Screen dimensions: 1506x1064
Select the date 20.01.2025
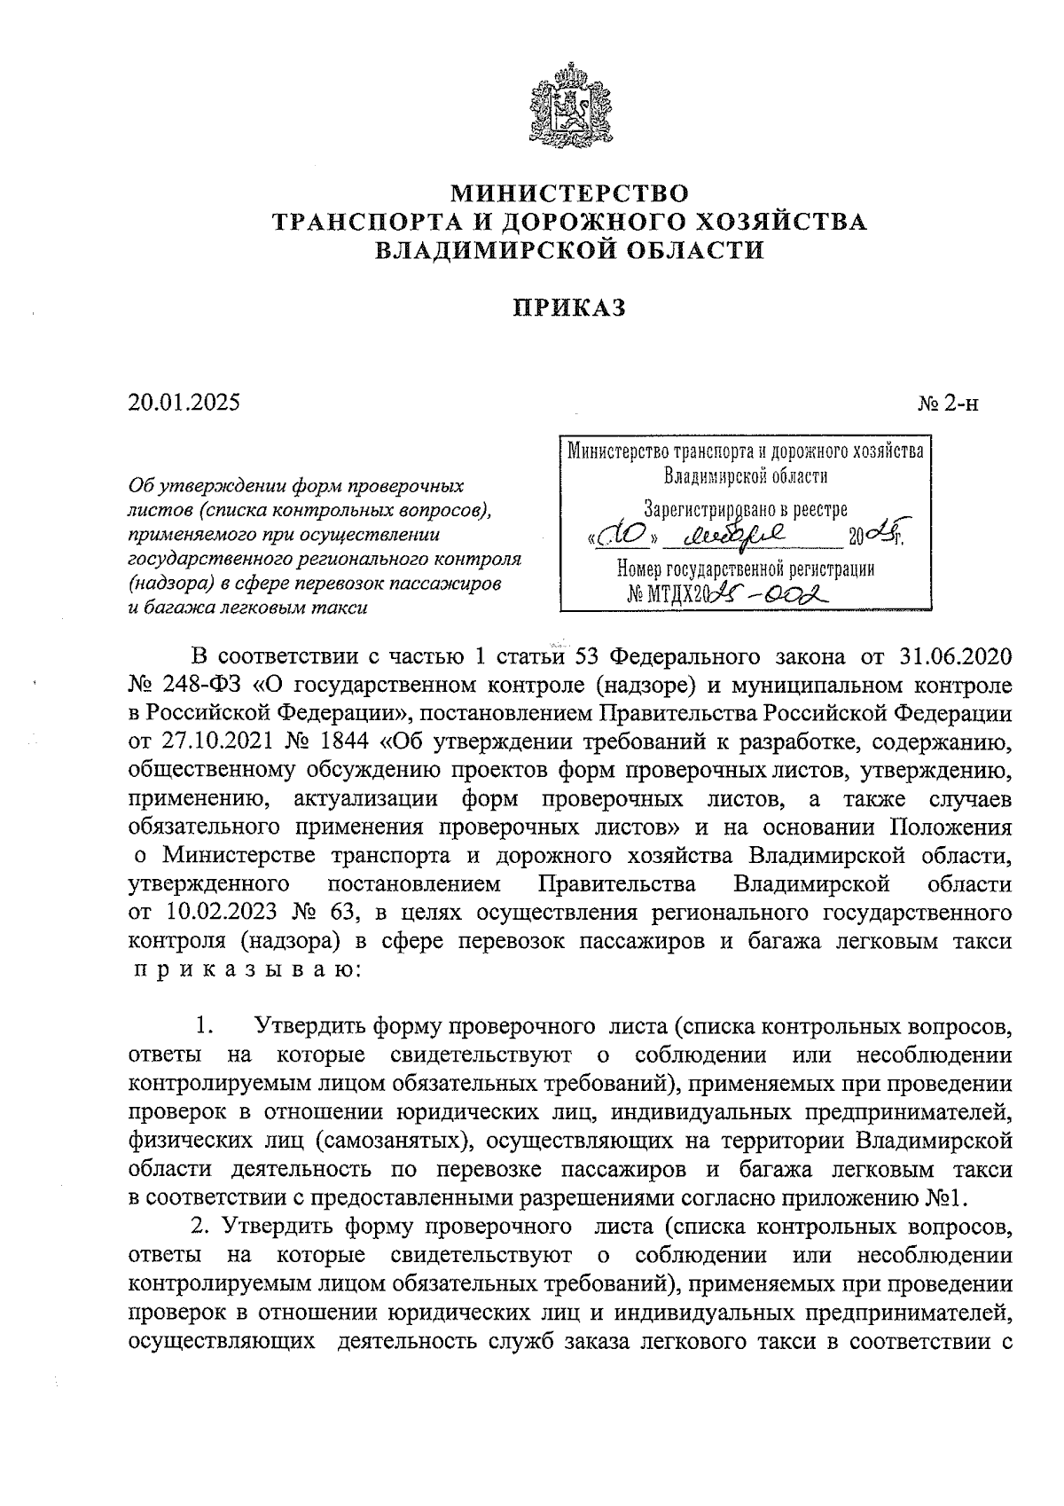point(184,402)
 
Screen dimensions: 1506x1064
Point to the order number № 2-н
point(948,404)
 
